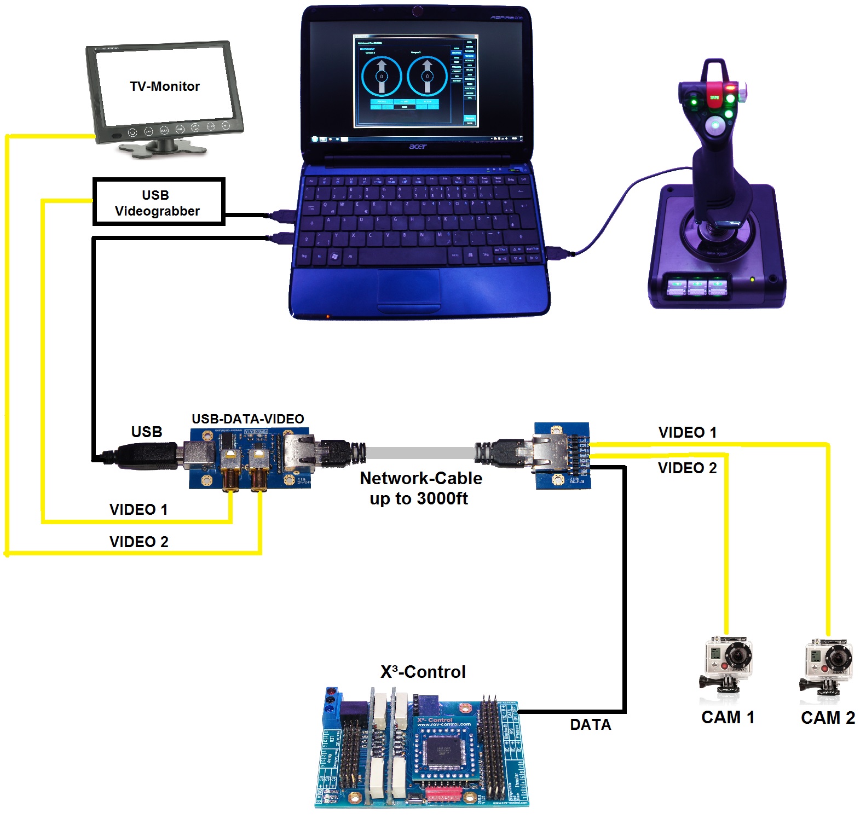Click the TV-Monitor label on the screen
tap(164, 86)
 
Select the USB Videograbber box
tap(158, 202)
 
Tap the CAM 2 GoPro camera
tap(827, 665)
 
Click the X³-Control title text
tap(423, 672)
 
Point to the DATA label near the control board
tap(590, 725)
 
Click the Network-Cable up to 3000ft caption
tap(420, 488)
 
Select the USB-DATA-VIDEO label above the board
tap(247, 419)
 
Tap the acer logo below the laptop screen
tap(417, 147)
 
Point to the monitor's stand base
tap(163, 148)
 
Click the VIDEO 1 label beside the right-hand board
tap(687, 433)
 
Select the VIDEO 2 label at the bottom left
tap(138, 542)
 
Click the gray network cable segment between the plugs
tap(419, 453)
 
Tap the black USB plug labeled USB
tap(143, 454)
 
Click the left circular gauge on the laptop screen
tap(381, 77)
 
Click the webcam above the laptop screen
tap(417, 11)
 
